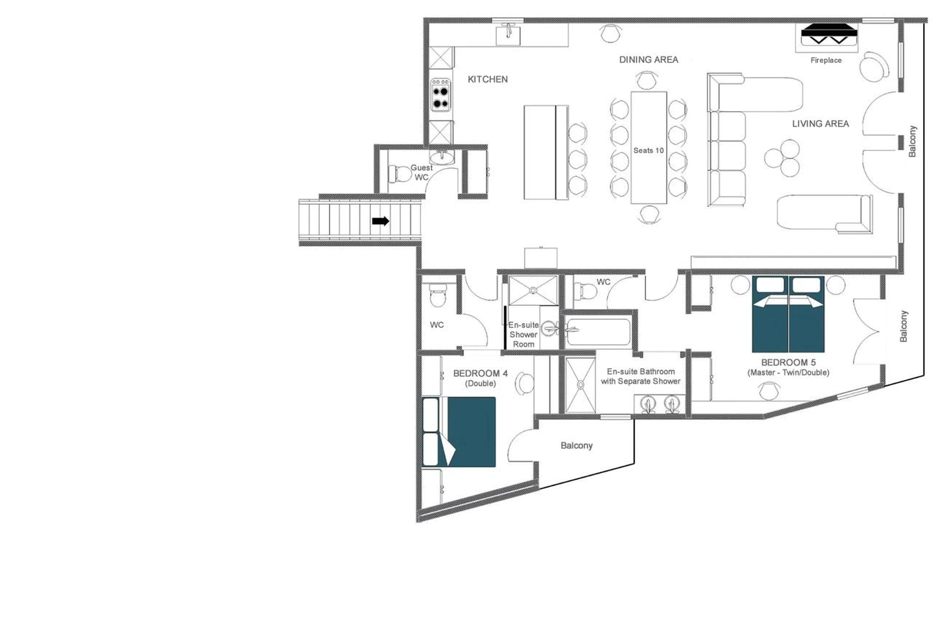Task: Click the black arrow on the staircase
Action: pyautogui.click(x=380, y=221)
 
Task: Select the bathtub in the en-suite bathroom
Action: pyautogui.click(x=598, y=332)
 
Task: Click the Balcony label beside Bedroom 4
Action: pyautogui.click(x=576, y=446)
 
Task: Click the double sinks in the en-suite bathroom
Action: pyautogui.click(x=659, y=404)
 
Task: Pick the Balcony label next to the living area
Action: pyautogui.click(x=912, y=141)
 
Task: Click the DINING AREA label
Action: pyautogui.click(x=649, y=59)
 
